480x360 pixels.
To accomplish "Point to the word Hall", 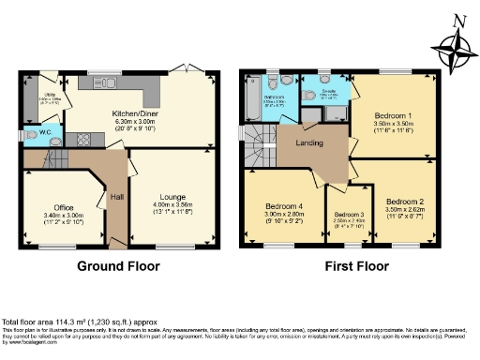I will coord(117,197).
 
